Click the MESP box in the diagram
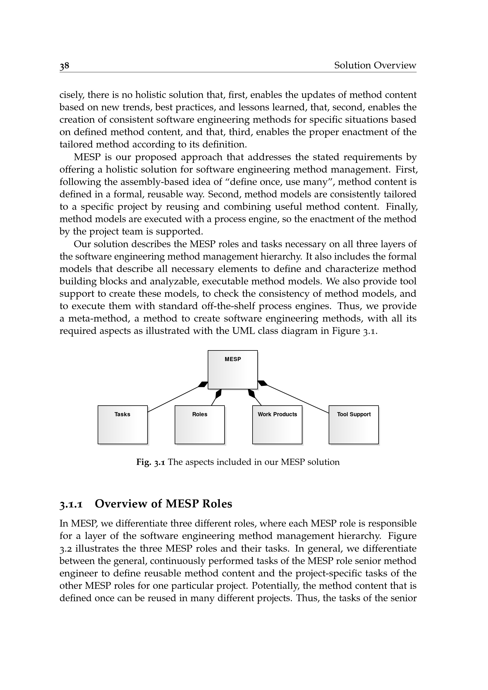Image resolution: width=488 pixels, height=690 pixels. pos(232,370)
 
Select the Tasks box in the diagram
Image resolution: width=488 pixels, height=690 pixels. pos(123,424)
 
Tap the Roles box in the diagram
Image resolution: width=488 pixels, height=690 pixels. pos(199,424)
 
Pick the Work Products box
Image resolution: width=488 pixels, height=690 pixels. pos(277,424)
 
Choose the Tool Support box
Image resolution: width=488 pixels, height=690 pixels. pos(354,424)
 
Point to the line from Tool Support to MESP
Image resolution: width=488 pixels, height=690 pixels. pos(297,399)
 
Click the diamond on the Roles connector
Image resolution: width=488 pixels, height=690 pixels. pos(218,394)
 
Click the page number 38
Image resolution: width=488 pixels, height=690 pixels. pos(64,65)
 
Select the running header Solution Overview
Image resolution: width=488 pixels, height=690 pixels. pos(375,65)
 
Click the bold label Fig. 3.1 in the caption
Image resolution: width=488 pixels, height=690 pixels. pos(150,462)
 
